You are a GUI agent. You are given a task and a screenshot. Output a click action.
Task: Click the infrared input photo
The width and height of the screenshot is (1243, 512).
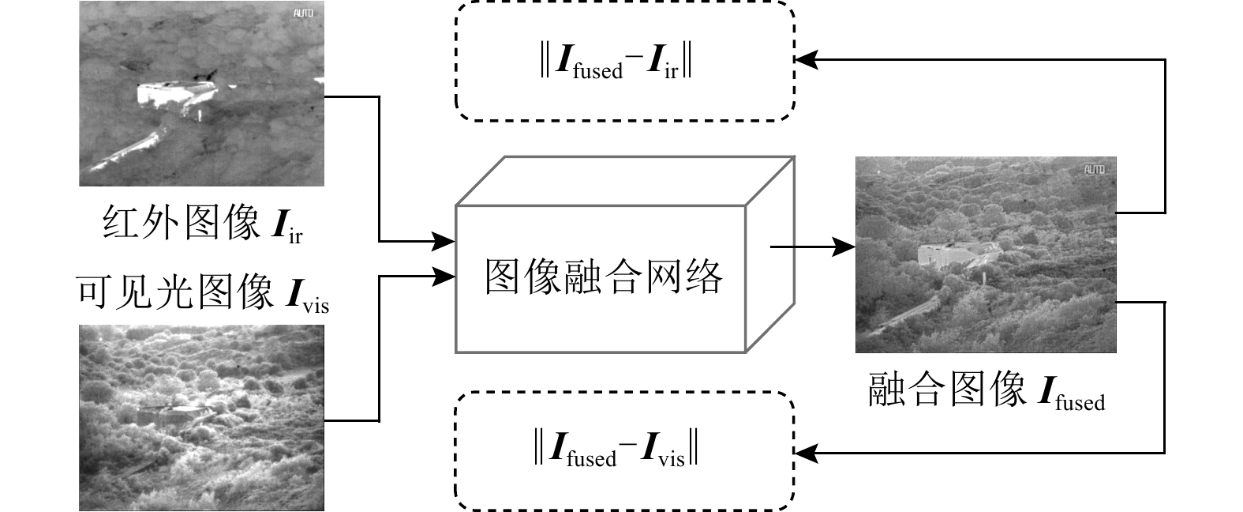click(x=201, y=93)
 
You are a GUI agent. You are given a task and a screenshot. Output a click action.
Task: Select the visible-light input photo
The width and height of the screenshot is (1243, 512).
click(x=201, y=416)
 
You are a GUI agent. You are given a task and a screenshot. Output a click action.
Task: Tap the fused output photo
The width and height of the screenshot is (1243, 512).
click(x=986, y=254)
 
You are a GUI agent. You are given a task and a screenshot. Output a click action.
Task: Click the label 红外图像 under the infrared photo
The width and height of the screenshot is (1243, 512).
click(x=182, y=223)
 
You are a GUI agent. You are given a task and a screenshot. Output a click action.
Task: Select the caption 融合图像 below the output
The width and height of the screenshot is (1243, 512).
click(x=947, y=390)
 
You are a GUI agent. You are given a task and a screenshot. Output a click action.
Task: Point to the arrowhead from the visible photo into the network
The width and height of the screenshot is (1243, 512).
click(x=446, y=276)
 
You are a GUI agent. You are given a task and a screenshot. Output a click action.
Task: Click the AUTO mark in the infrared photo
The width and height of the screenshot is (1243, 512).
click(x=303, y=13)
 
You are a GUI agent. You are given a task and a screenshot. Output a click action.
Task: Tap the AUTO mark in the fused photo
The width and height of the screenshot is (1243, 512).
click(x=1094, y=169)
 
